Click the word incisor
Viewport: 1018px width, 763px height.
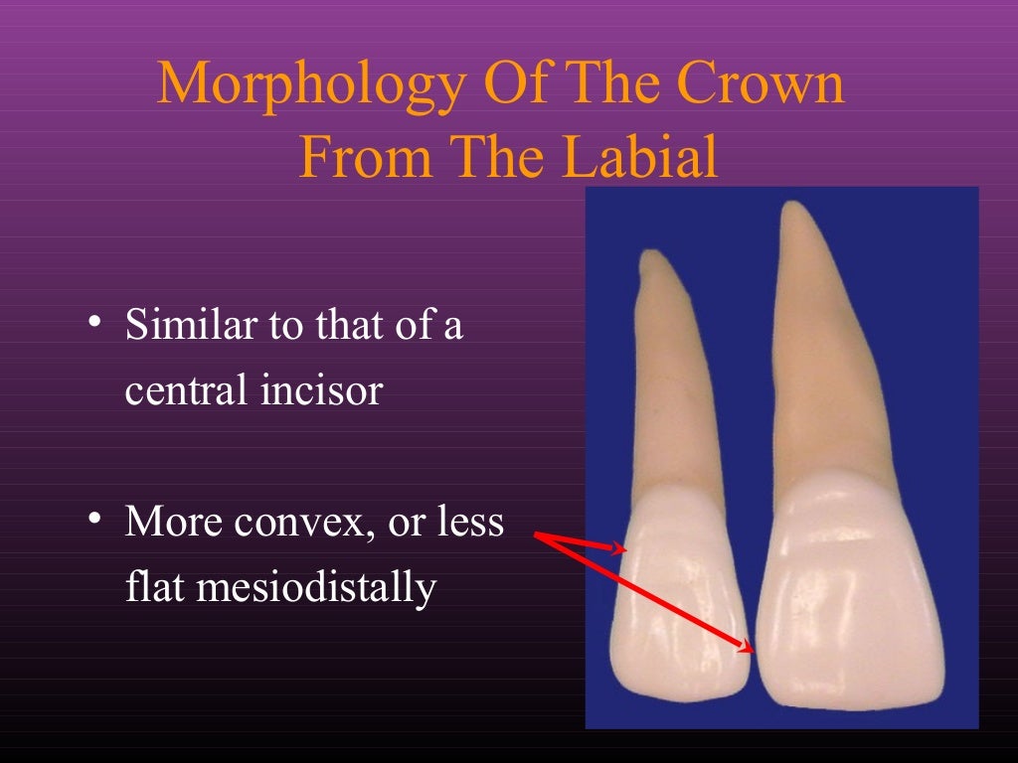pyautogui.click(x=320, y=390)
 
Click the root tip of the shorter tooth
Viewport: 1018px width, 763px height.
pyautogui.click(x=651, y=257)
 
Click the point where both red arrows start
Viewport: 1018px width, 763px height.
pyautogui.click(x=537, y=536)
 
